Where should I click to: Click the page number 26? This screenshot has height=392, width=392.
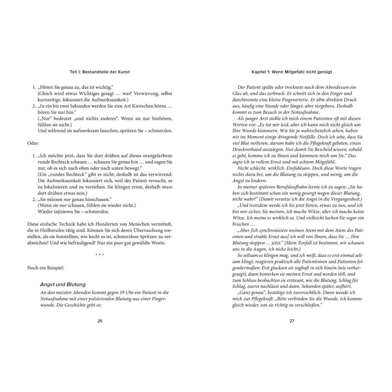100,321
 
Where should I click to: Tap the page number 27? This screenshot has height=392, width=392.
292,321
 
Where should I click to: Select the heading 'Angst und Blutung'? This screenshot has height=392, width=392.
63,284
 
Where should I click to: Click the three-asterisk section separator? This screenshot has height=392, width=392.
100,255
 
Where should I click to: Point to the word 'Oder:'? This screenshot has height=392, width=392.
33,143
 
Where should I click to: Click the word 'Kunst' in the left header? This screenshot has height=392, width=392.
123,72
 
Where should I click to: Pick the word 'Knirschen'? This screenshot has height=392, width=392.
145,106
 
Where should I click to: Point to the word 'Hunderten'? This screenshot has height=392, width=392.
97,224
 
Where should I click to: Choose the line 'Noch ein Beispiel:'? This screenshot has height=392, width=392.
46,268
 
